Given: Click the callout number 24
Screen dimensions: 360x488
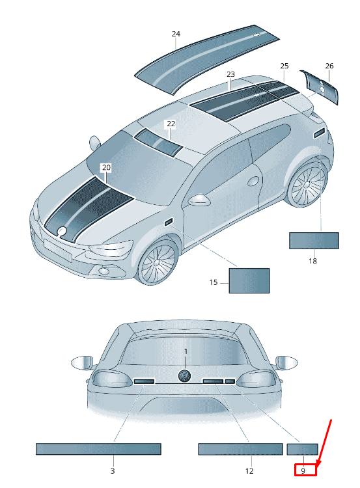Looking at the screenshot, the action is [x=176, y=34].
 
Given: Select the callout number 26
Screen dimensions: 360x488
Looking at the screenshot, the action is [x=329, y=66].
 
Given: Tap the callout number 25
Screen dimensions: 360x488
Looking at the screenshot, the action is [x=284, y=66].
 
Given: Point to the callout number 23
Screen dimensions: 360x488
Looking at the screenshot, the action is [x=230, y=74].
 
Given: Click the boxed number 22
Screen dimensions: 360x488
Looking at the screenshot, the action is [x=171, y=124].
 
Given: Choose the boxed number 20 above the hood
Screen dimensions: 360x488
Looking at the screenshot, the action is [x=106, y=167].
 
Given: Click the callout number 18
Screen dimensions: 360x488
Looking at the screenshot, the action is [x=312, y=261].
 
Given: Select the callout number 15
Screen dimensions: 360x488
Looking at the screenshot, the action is [x=214, y=282].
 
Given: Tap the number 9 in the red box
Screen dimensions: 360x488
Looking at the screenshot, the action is [x=303, y=471].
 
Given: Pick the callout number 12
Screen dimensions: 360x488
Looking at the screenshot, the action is [x=249, y=471].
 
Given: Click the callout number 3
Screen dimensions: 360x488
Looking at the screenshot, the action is [x=113, y=471].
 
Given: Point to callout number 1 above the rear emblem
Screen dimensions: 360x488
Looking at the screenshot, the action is [x=186, y=351].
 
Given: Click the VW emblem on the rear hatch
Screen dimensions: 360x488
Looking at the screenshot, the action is [x=185, y=375].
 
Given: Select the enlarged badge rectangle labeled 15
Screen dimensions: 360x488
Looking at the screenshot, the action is [x=249, y=280].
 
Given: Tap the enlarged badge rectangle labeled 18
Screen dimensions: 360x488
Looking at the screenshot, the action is [x=314, y=241].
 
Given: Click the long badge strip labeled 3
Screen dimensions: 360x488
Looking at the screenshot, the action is [x=98, y=449].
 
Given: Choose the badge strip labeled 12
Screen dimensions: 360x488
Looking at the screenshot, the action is [x=240, y=449].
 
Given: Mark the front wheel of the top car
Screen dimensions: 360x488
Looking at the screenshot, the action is [x=158, y=262].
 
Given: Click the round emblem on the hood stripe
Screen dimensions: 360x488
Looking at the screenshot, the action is [x=62, y=230].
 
